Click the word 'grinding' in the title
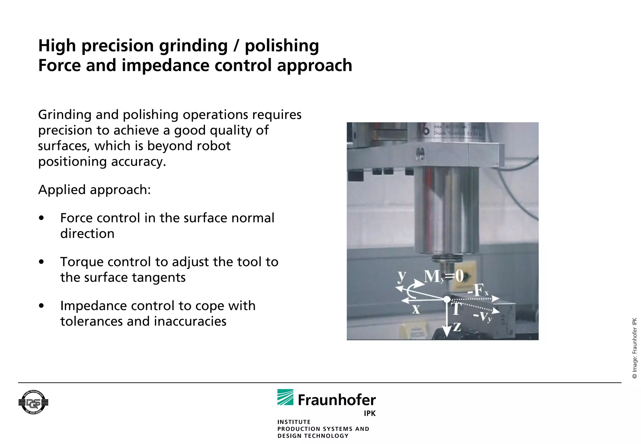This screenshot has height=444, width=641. (193, 46)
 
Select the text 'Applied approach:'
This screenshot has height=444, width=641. (94, 190)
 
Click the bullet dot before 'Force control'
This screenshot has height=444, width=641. (41, 218)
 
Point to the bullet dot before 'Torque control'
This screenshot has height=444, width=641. (41, 262)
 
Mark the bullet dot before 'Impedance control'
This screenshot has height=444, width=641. (41, 306)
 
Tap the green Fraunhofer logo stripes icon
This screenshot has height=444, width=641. (285, 397)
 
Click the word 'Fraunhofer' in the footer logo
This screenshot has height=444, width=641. (337, 400)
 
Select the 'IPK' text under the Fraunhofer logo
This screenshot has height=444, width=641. (370, 413)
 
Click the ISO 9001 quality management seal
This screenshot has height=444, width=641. (33, 402)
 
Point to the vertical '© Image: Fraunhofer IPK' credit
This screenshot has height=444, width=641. (635, 348)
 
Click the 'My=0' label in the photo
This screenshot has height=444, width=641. (444, 276)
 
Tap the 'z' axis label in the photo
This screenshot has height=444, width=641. (457, 327)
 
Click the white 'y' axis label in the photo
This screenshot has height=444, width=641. (402, 276)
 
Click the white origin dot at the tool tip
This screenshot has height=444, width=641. (447, 299)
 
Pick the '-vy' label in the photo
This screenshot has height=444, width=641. (483, 316)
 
